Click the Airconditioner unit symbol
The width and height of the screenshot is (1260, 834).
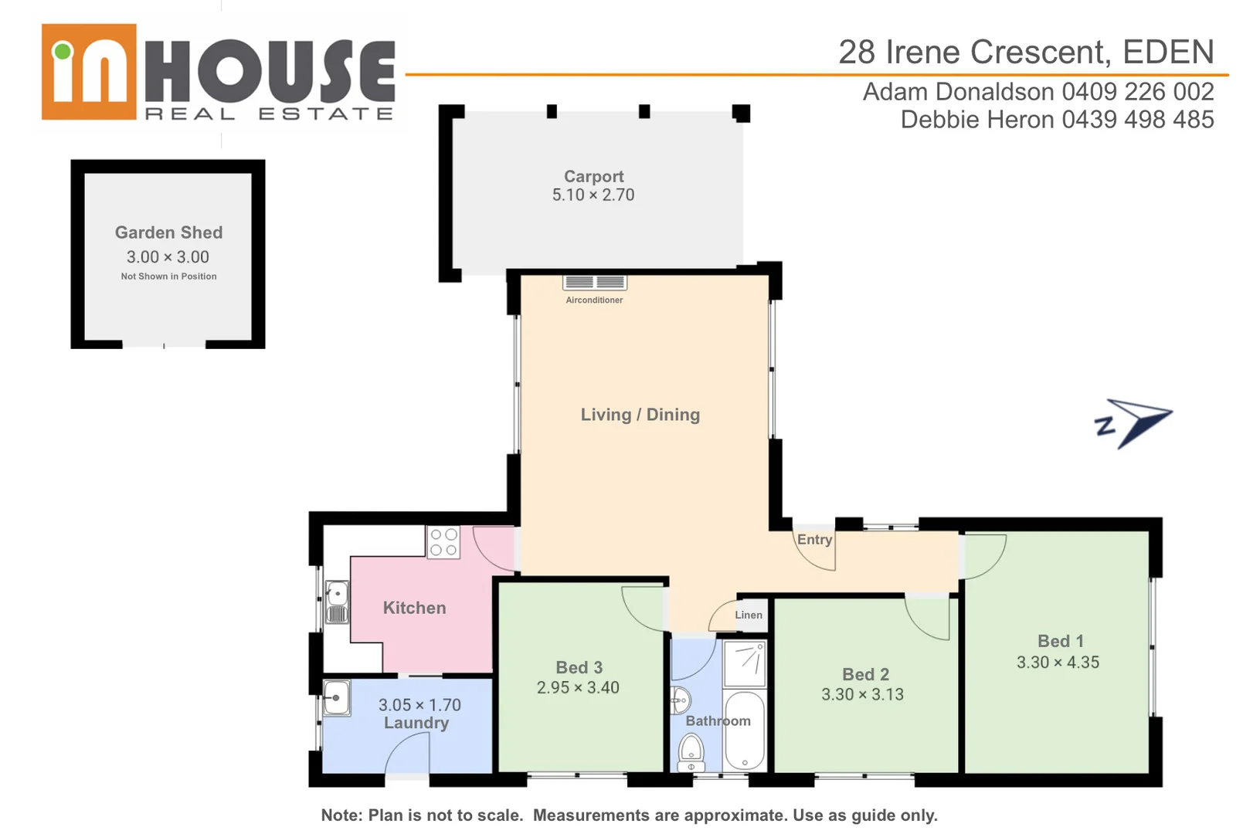tap(595, 283)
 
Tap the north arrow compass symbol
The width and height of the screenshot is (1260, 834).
tap(1134, 422)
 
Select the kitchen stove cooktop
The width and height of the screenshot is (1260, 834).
tap(443, 542)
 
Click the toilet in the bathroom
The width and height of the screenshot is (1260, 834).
tap(691, 753)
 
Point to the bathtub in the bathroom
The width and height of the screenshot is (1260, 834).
tap(744, 731)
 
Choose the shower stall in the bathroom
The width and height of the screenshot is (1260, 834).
tap(745, 663)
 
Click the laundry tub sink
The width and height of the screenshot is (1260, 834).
tap(336, 698)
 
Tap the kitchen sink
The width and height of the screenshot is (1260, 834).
tap(337, 602)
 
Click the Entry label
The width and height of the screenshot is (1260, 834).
tap(814, 540)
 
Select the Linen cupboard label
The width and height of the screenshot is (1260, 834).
tap(749, 615)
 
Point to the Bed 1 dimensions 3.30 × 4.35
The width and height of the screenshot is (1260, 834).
tap(1058, 663)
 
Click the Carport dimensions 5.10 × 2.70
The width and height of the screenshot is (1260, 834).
tap(593, 195)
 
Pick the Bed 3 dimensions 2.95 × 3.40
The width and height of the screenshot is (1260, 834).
tap(578, 688)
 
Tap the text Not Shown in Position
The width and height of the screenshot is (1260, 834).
tap(168, 276)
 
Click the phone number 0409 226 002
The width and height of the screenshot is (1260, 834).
tap(1138, 92)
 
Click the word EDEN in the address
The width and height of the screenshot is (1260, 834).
tap(1168, 53)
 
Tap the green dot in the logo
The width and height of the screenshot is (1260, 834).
tap(63, 52)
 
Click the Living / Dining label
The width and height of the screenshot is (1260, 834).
tap(640, 415)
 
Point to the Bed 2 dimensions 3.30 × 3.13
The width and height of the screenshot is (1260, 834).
tap(862, 694)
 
